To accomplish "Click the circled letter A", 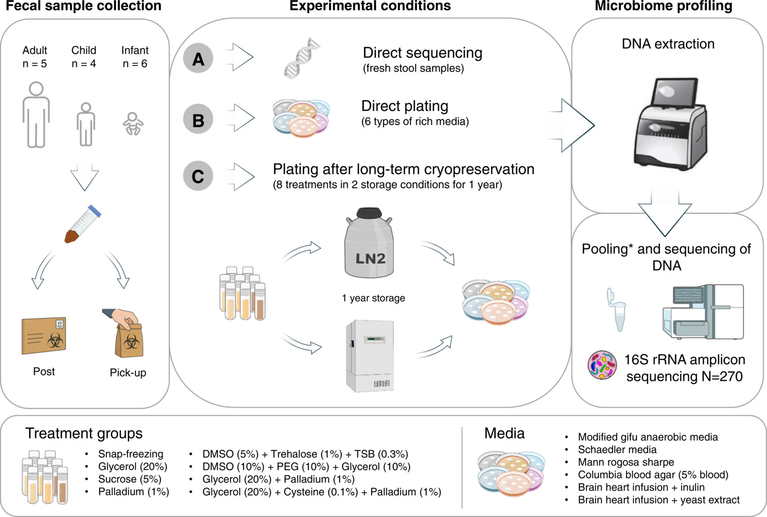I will coord(198,59).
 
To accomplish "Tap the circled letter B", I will coord(198,120).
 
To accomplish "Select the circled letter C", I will coord(198,176).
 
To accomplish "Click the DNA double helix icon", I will coord(302,58).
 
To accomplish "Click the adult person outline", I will coord(36,115).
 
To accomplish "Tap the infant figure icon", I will coord(133,124).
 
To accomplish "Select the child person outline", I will coord(86,124).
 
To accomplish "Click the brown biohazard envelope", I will coord(44,335).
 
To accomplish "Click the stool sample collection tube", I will coord(82,223).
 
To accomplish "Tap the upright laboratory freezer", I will coord(370,355).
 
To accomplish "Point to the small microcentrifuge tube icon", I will coord(617,309).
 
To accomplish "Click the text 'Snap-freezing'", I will coord(130,454).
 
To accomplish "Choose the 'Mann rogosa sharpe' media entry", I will coord(626,462).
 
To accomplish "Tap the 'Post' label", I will coord(44,372).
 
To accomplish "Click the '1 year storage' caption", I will coord(373,298).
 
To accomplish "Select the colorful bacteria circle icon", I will coord(602,365).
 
